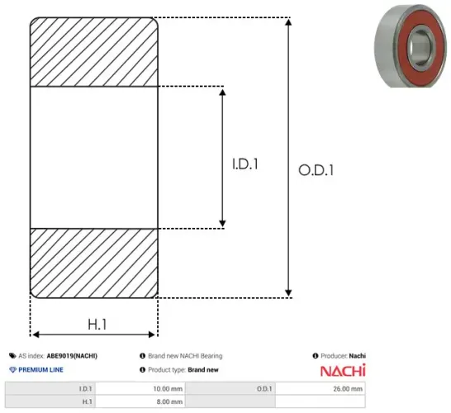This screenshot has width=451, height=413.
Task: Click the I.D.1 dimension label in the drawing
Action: coord(245,164)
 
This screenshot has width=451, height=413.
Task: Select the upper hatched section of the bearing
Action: coord(94,50)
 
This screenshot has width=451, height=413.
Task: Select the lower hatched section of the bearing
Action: coord(94,262)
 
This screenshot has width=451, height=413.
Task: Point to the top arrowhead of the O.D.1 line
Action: coord(287,21)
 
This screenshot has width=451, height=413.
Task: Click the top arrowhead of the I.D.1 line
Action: coord(222,90)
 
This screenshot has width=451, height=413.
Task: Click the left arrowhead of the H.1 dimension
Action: coord(35,335)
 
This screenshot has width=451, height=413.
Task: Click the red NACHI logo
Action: coord(342,370)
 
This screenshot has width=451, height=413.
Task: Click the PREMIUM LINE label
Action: coord(42,369)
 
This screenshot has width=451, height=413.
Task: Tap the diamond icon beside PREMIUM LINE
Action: coord(12,369)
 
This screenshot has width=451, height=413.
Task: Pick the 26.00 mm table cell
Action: coord(347,388)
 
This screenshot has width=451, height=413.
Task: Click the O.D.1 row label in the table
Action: coord(264,388)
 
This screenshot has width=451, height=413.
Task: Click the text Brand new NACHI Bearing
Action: coord(185,356)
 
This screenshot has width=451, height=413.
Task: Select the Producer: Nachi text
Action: coord(339,356)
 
